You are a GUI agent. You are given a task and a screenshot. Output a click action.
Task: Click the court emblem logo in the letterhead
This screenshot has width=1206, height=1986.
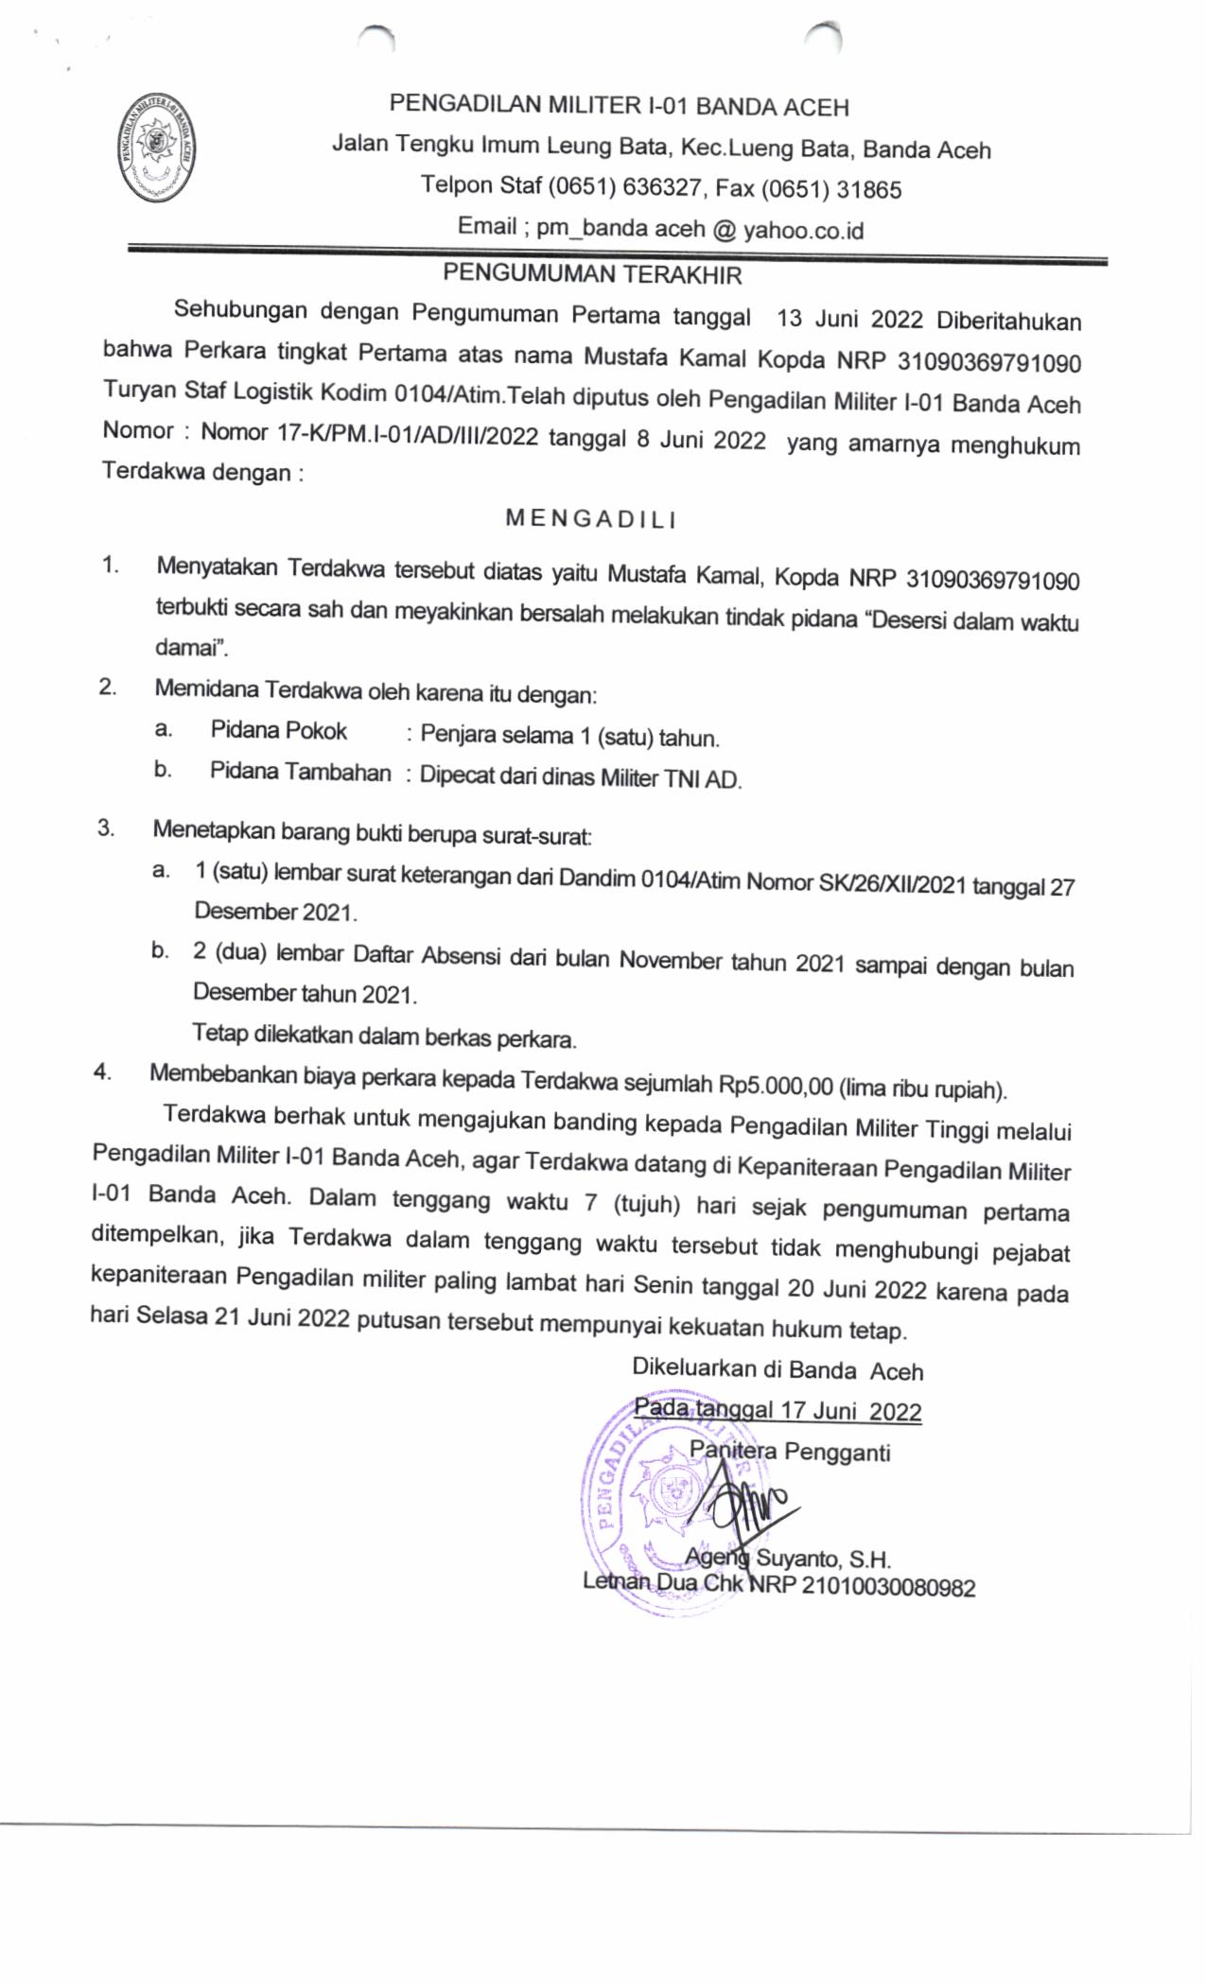157,148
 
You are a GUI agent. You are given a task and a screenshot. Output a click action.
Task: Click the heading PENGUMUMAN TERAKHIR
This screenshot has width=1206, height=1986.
593,274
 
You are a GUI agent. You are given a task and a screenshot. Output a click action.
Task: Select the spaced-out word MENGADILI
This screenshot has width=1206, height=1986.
591,518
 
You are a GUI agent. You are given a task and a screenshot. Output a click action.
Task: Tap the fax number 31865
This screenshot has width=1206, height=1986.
869,190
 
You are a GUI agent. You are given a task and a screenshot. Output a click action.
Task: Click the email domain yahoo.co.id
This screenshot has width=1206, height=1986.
803,230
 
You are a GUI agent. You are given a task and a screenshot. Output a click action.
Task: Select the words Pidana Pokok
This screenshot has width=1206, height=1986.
278,731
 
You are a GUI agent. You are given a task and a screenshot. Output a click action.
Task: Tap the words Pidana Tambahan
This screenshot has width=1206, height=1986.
300,773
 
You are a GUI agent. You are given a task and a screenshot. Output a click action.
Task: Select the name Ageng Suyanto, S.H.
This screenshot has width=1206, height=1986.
787,1559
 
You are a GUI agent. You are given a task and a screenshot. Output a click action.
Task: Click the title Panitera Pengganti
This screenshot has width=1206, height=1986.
790,1451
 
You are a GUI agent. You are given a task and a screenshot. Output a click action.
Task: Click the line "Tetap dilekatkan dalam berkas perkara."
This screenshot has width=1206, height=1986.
384,1036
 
